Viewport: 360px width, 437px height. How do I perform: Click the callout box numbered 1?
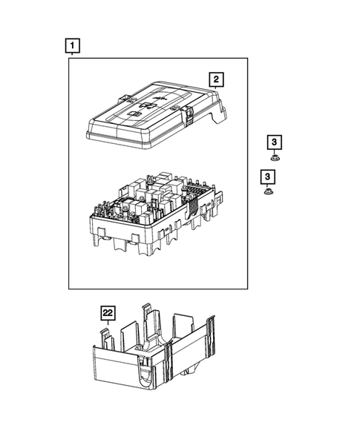[72, 46]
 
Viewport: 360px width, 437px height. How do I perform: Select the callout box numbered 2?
[215, 79]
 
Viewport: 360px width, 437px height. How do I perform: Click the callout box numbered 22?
[108, 314]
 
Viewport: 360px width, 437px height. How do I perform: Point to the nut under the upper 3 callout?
[274, 157]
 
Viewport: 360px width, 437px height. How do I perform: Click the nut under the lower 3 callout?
[266, 192]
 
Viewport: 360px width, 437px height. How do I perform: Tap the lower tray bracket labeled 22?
[156, 356]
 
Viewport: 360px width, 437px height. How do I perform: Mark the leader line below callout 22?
[108, 326]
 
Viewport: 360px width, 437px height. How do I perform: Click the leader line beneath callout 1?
[72, 55]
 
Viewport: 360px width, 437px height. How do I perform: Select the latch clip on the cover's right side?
[189, 114]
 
